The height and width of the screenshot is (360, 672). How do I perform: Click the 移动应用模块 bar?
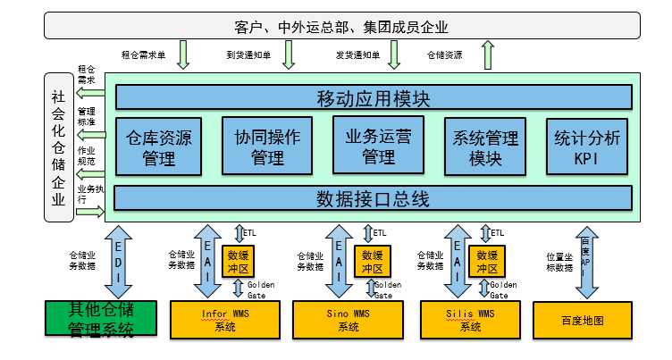pos(374,97)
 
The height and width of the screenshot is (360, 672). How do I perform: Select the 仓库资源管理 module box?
pos(159,147)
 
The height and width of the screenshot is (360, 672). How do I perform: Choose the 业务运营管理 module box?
pos(378,146)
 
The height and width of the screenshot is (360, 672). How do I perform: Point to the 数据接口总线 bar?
pos(374,197)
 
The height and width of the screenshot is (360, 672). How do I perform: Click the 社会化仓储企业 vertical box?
pos(58,147)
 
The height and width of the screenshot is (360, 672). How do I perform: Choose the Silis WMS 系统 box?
pos(471,318)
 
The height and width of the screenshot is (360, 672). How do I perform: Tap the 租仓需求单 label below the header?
pos(143,55)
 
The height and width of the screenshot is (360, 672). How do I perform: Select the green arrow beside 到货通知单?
pos(288,55)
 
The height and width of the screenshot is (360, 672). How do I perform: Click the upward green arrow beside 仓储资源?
pos(488,55)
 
